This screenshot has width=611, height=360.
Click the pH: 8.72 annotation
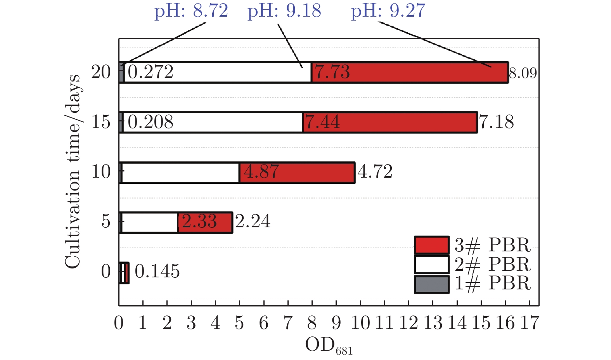tap(191, 11)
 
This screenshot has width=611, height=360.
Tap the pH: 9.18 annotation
tap(284, 11)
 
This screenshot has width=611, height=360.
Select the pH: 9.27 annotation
tap(388, 11)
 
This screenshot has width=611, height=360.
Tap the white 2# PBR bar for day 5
tap(149, 222)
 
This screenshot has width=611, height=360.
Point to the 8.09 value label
tap(523, 73)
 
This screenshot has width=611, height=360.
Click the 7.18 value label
tap(497, 122)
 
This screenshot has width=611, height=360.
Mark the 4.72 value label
tap(375, 171)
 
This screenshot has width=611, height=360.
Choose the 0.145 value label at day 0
tap(157, 271)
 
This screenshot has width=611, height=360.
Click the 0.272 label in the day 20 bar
tap(151, 72)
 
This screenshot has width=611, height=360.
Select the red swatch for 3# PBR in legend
tap(431, 245)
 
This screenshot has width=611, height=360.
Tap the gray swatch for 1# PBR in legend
tap(431, 284)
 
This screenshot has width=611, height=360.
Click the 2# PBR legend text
tap(492, 264)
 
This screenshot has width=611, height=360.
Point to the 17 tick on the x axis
tap(530, 323)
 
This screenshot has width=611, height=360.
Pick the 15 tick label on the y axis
tap(101, 122)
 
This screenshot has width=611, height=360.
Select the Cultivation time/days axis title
tap(73, 171)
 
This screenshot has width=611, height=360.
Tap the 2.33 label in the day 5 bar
tap(199, 222)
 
